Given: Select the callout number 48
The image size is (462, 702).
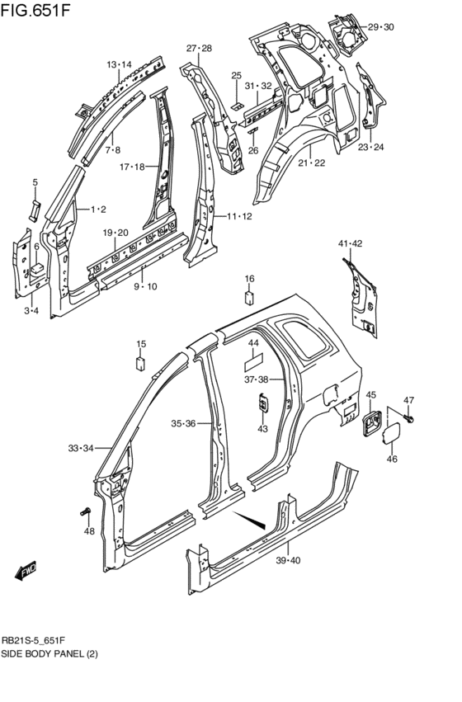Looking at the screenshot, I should pos(89,531).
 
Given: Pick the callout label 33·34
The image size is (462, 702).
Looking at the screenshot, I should pos(81,448).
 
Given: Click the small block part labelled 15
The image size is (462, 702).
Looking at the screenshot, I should pos(141,362).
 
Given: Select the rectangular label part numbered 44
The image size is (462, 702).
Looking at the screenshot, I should pos(254,360).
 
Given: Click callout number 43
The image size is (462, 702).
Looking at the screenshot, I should pos(262,428).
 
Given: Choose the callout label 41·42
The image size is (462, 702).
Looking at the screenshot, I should pos(351,243).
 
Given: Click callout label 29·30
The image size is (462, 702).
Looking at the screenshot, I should pos(381,27).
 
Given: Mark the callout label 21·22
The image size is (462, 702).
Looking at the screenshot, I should pos(312,163).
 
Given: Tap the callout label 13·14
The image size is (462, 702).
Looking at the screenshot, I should pos(119,64).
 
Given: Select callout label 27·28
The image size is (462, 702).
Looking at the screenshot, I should pos(199,49).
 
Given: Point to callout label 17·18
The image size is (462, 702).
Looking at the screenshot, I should pos(132,167).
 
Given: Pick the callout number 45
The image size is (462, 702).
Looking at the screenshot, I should pos(371,395).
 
